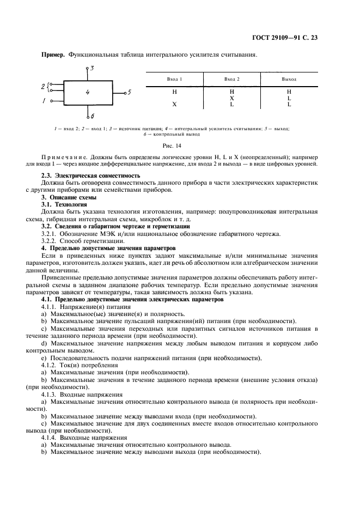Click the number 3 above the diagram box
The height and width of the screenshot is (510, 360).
[x=93, y=68]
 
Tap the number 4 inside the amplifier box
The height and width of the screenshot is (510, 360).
[x=87, y=93]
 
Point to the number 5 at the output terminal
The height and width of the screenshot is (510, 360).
[x=129, y=92]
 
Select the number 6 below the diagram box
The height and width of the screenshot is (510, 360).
[x=93, y=117]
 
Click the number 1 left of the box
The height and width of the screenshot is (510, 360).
[x=44, y=101]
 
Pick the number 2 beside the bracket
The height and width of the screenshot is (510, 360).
[x=43, y=86]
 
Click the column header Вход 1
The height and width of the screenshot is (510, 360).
[x=174, y=80]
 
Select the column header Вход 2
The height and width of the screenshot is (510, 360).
[x=231, y=80]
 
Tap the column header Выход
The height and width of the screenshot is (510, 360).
[x=289, y=80]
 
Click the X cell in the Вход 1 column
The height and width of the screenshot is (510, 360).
[x=174, y=104]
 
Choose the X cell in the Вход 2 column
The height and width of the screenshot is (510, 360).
[x=231, y=98]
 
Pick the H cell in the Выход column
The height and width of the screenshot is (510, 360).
[x=289, y=92]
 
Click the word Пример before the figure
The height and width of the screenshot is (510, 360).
[x=53, y=54]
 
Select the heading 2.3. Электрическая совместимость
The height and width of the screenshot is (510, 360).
[x=91, y=176]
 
